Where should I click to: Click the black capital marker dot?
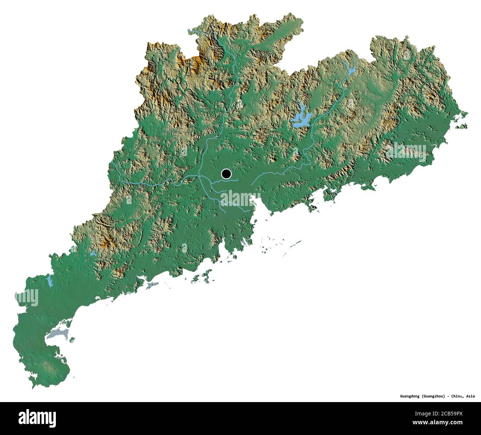(226, 173)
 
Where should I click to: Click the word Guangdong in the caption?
(410, 396)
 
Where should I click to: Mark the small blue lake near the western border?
(49, 280)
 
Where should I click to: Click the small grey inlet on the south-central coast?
(151, 285)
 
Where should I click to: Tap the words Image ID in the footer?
(433, 412)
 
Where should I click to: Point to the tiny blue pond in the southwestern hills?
(92, 254)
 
